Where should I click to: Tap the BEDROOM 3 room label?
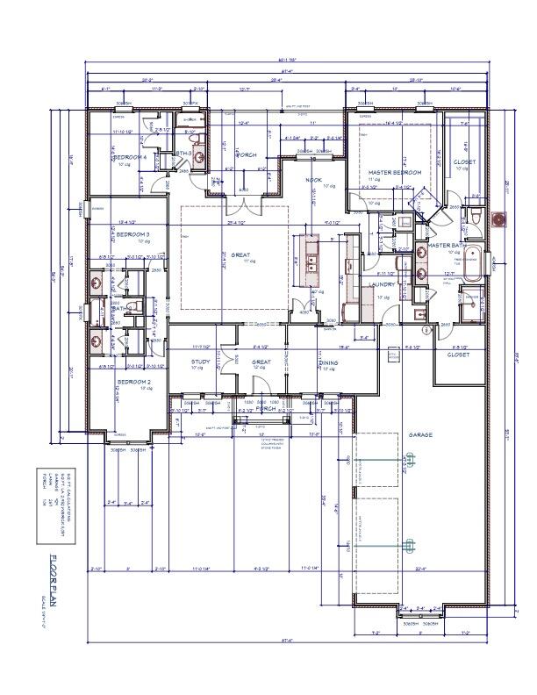click(x=133, y=234)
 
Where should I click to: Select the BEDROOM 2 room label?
click(x=134, y=383)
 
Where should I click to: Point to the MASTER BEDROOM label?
click(x=394, y=173)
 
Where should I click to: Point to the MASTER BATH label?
click(x=445, y=245)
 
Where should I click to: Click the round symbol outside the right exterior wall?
click(x=500, y=219)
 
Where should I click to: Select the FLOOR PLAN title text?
click(x=55, y=580)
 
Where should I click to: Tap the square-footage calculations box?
click(x=56, y=505)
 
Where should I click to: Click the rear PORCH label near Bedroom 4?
click(x=246, y=155)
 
